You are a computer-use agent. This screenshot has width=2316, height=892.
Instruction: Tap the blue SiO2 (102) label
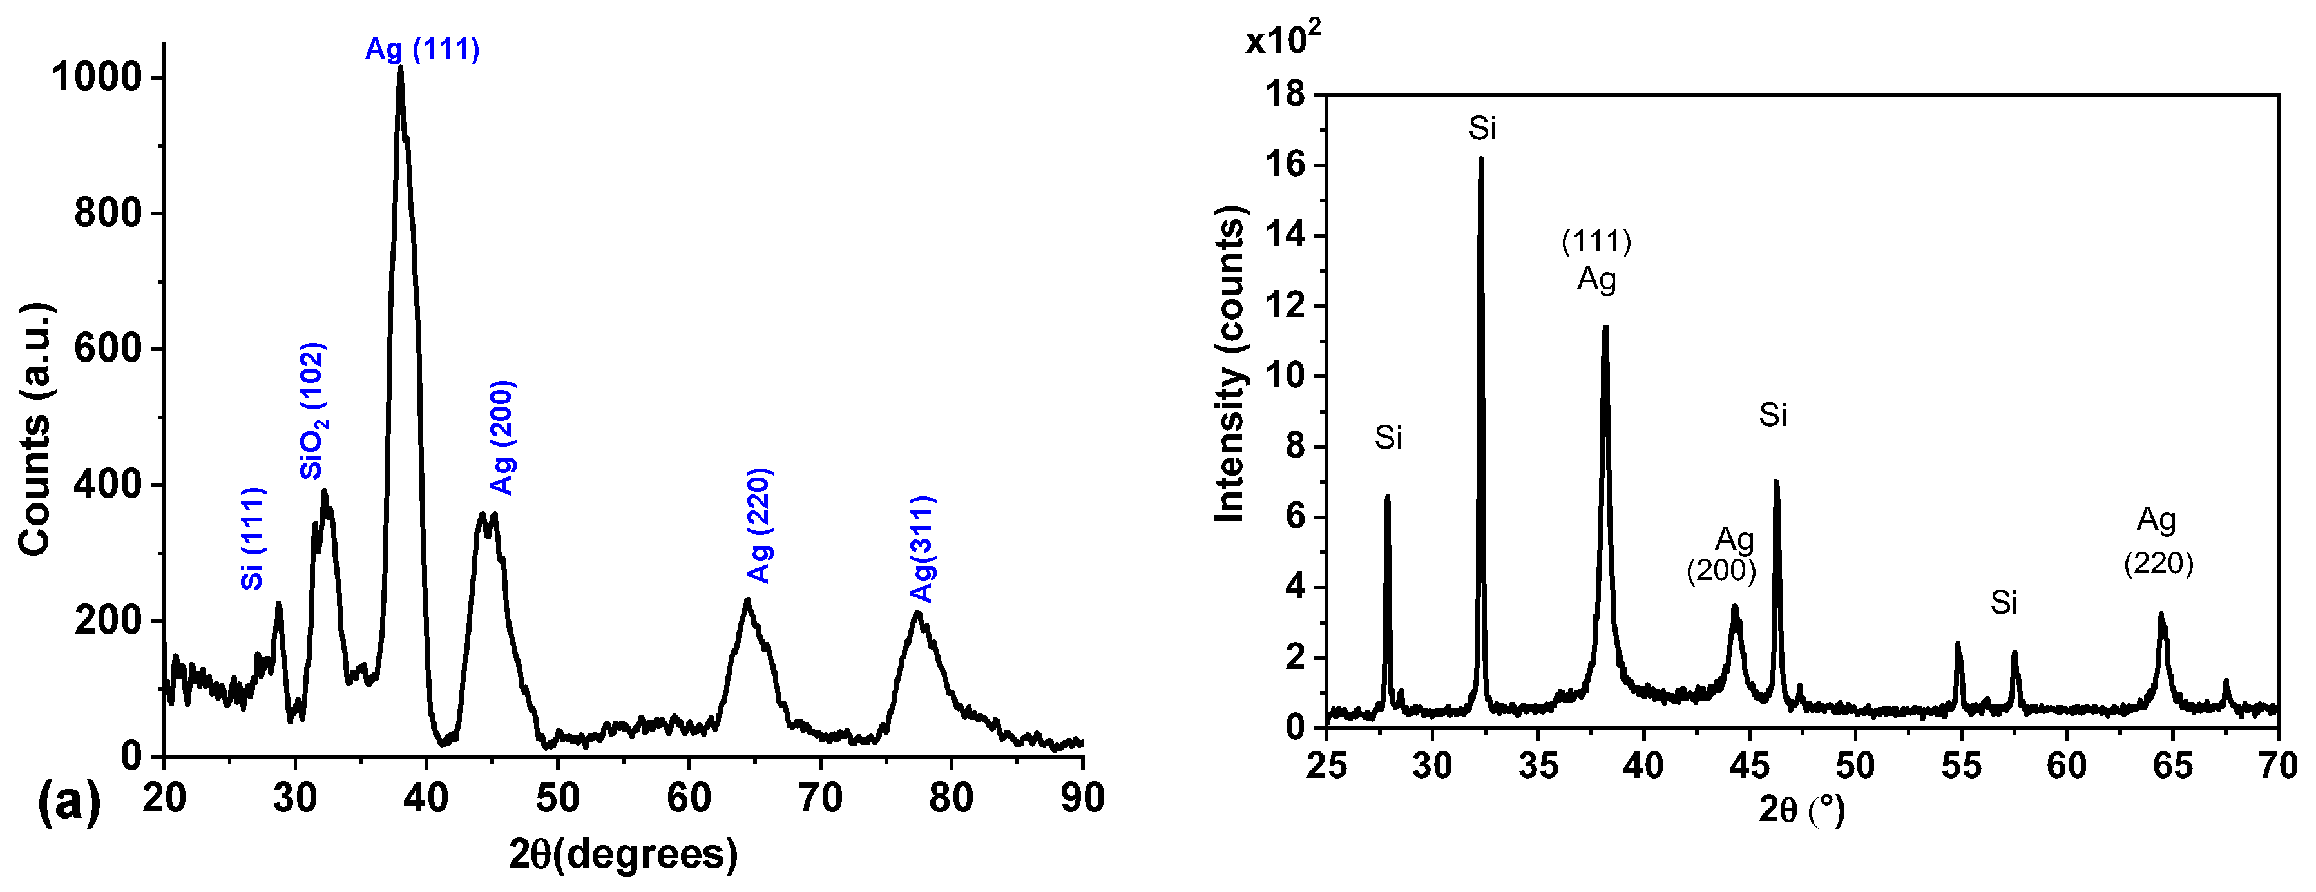point(313,411)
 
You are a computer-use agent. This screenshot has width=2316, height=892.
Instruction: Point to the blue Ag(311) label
point(923,548)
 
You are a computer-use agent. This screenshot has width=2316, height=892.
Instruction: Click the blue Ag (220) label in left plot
point(759,525)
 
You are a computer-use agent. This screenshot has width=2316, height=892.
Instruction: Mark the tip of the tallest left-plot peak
point(400,68)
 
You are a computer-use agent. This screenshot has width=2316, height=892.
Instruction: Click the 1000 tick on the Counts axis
point(97,77)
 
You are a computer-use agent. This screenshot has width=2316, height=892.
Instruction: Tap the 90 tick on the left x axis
point(1082,798)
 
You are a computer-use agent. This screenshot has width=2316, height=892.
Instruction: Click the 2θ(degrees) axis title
point(622,853)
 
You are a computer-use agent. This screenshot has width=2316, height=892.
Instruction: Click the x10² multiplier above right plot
point(1282,39)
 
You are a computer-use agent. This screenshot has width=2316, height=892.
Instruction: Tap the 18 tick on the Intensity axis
point(1287,94)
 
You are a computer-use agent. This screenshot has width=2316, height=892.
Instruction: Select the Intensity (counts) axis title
point(1230,364)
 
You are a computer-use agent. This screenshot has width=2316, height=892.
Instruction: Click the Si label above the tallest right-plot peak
point(1482,130)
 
